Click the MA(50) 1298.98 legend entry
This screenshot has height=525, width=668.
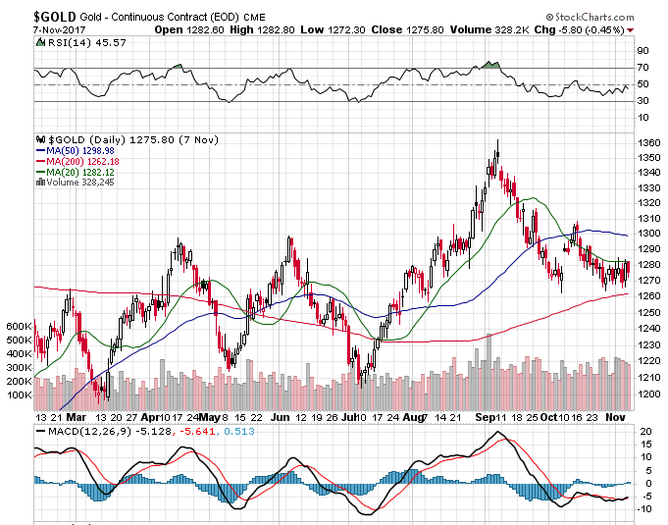coord(75,150)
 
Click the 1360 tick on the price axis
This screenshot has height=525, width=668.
coord(646,143)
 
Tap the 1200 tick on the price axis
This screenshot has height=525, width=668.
coord(646,394)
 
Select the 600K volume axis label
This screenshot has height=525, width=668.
coord(20,326)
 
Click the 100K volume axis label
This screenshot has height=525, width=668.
coord(20,394)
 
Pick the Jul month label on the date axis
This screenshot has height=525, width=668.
coord(350,416)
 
